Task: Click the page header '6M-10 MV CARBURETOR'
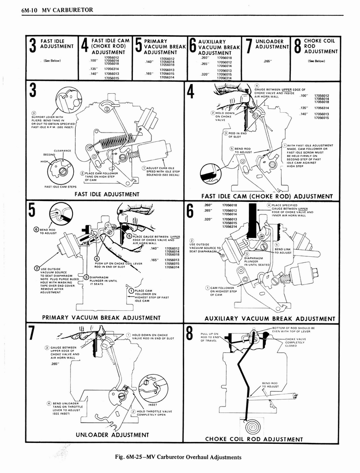(57, 9)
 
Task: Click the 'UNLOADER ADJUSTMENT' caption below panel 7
(112, 435)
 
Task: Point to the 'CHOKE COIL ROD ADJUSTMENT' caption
(254, 439)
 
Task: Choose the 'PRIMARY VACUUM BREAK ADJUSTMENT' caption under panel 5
(101, 318)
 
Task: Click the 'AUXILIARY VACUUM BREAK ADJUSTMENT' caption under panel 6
(270, 319)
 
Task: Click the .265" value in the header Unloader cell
(267, 61)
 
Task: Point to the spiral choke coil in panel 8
(252, 426)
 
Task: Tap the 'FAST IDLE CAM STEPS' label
(60, 187)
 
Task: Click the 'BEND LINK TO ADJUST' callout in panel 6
(283, 251)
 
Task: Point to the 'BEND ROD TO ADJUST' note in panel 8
(270, 385)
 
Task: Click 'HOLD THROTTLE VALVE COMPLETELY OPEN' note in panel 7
(153, 413)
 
